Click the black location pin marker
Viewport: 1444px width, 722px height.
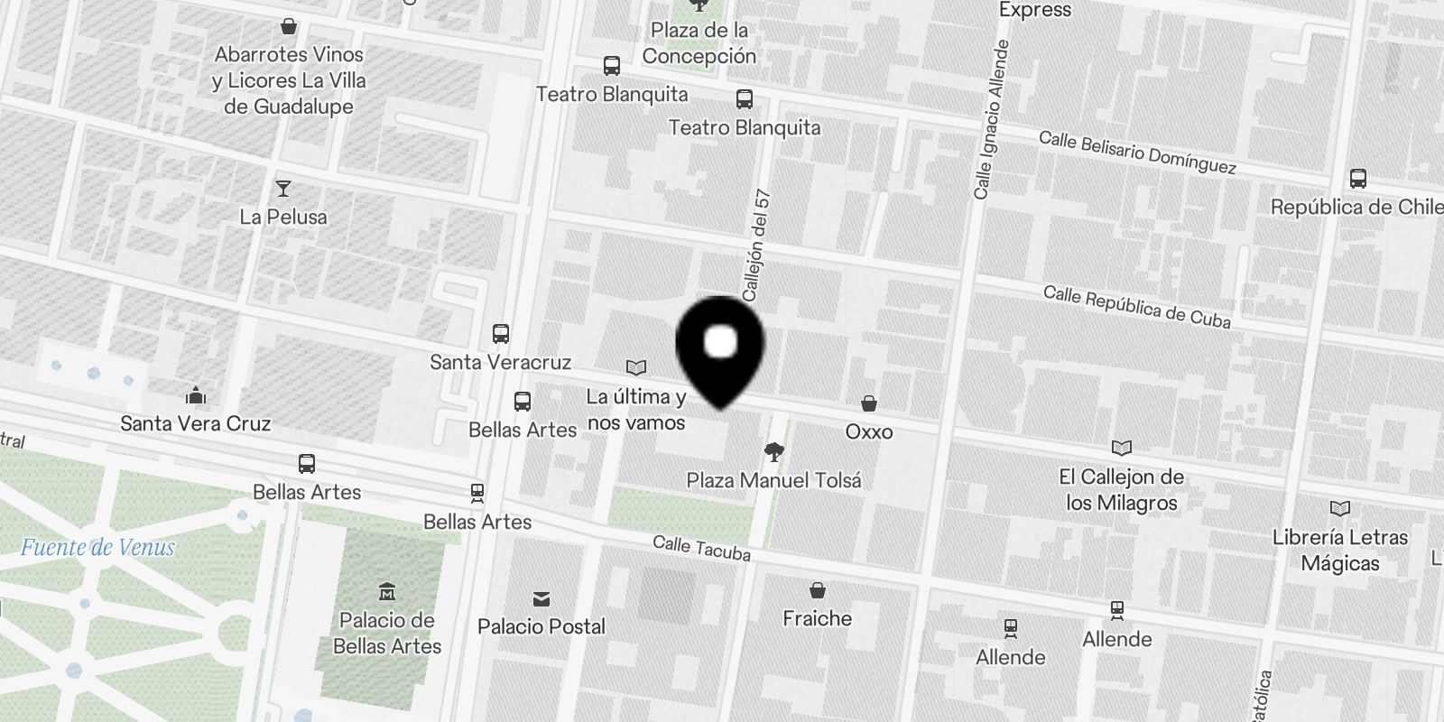click(x=720, y=347)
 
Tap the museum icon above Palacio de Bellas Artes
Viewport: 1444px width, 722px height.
click(x=387, y=592)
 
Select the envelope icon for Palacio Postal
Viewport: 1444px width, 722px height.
click(x=541, y=599)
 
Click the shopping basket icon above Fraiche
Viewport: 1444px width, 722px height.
click(x=818, y=590)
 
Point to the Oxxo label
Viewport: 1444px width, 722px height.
click(x=868, y=431)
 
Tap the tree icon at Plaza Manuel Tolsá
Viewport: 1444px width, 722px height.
click(x=773, y=452)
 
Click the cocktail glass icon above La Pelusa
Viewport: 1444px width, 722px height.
click(x=283, y=189)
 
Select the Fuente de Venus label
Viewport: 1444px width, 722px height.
click(x=97, y=547)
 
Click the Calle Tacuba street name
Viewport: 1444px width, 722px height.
click(x=701, y=547)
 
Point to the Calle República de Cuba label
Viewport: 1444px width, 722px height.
click(x=1136, y=307)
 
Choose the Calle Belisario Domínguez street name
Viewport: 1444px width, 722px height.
click(x=1137, y=153)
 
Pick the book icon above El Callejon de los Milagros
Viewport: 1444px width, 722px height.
click(x=1122, y=448)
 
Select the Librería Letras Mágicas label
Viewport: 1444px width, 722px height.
click(x=1339, y=550)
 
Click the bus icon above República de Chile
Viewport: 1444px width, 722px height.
click(x=1357, y=179)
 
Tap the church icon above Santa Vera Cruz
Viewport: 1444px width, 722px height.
click(x=195, y=395)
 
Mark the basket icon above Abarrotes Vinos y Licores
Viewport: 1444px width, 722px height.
click(x=289, y=26)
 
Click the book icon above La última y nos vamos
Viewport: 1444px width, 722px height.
click(x=636, y=367)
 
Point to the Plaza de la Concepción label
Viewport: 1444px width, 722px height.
click(x=699, y=42)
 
